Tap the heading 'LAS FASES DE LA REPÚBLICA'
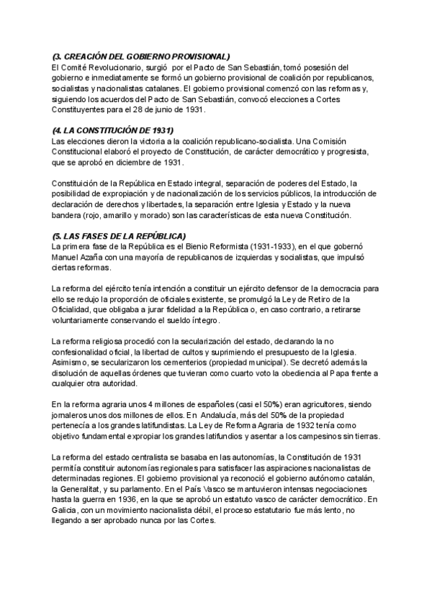(122, 236)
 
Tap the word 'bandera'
(70, 215)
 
